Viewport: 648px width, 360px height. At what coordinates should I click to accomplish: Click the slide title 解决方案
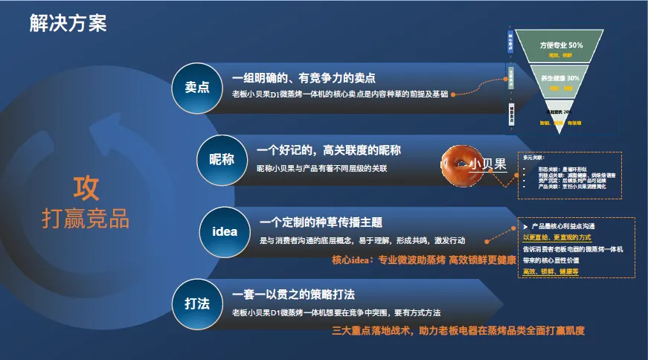tap(68, 23)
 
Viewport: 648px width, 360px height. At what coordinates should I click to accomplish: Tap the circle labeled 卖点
tap(196, 87)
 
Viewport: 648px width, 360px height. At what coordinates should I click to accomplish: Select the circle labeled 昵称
tap(221, 159)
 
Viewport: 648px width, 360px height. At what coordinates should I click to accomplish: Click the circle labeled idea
tap(225, 231)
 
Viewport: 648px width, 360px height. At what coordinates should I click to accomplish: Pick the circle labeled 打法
tap(196, 303)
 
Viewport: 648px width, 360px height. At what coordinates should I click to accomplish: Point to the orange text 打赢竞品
tap(86, 219)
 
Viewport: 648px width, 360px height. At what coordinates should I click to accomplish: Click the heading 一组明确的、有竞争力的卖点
tap(304, 77)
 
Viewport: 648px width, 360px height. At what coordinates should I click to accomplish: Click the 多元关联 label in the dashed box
tap(534, 157)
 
